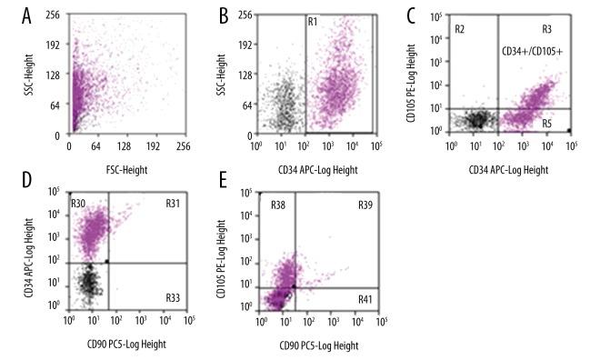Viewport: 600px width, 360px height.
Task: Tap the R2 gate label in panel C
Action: pyautogui.click(x=461, y=30)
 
